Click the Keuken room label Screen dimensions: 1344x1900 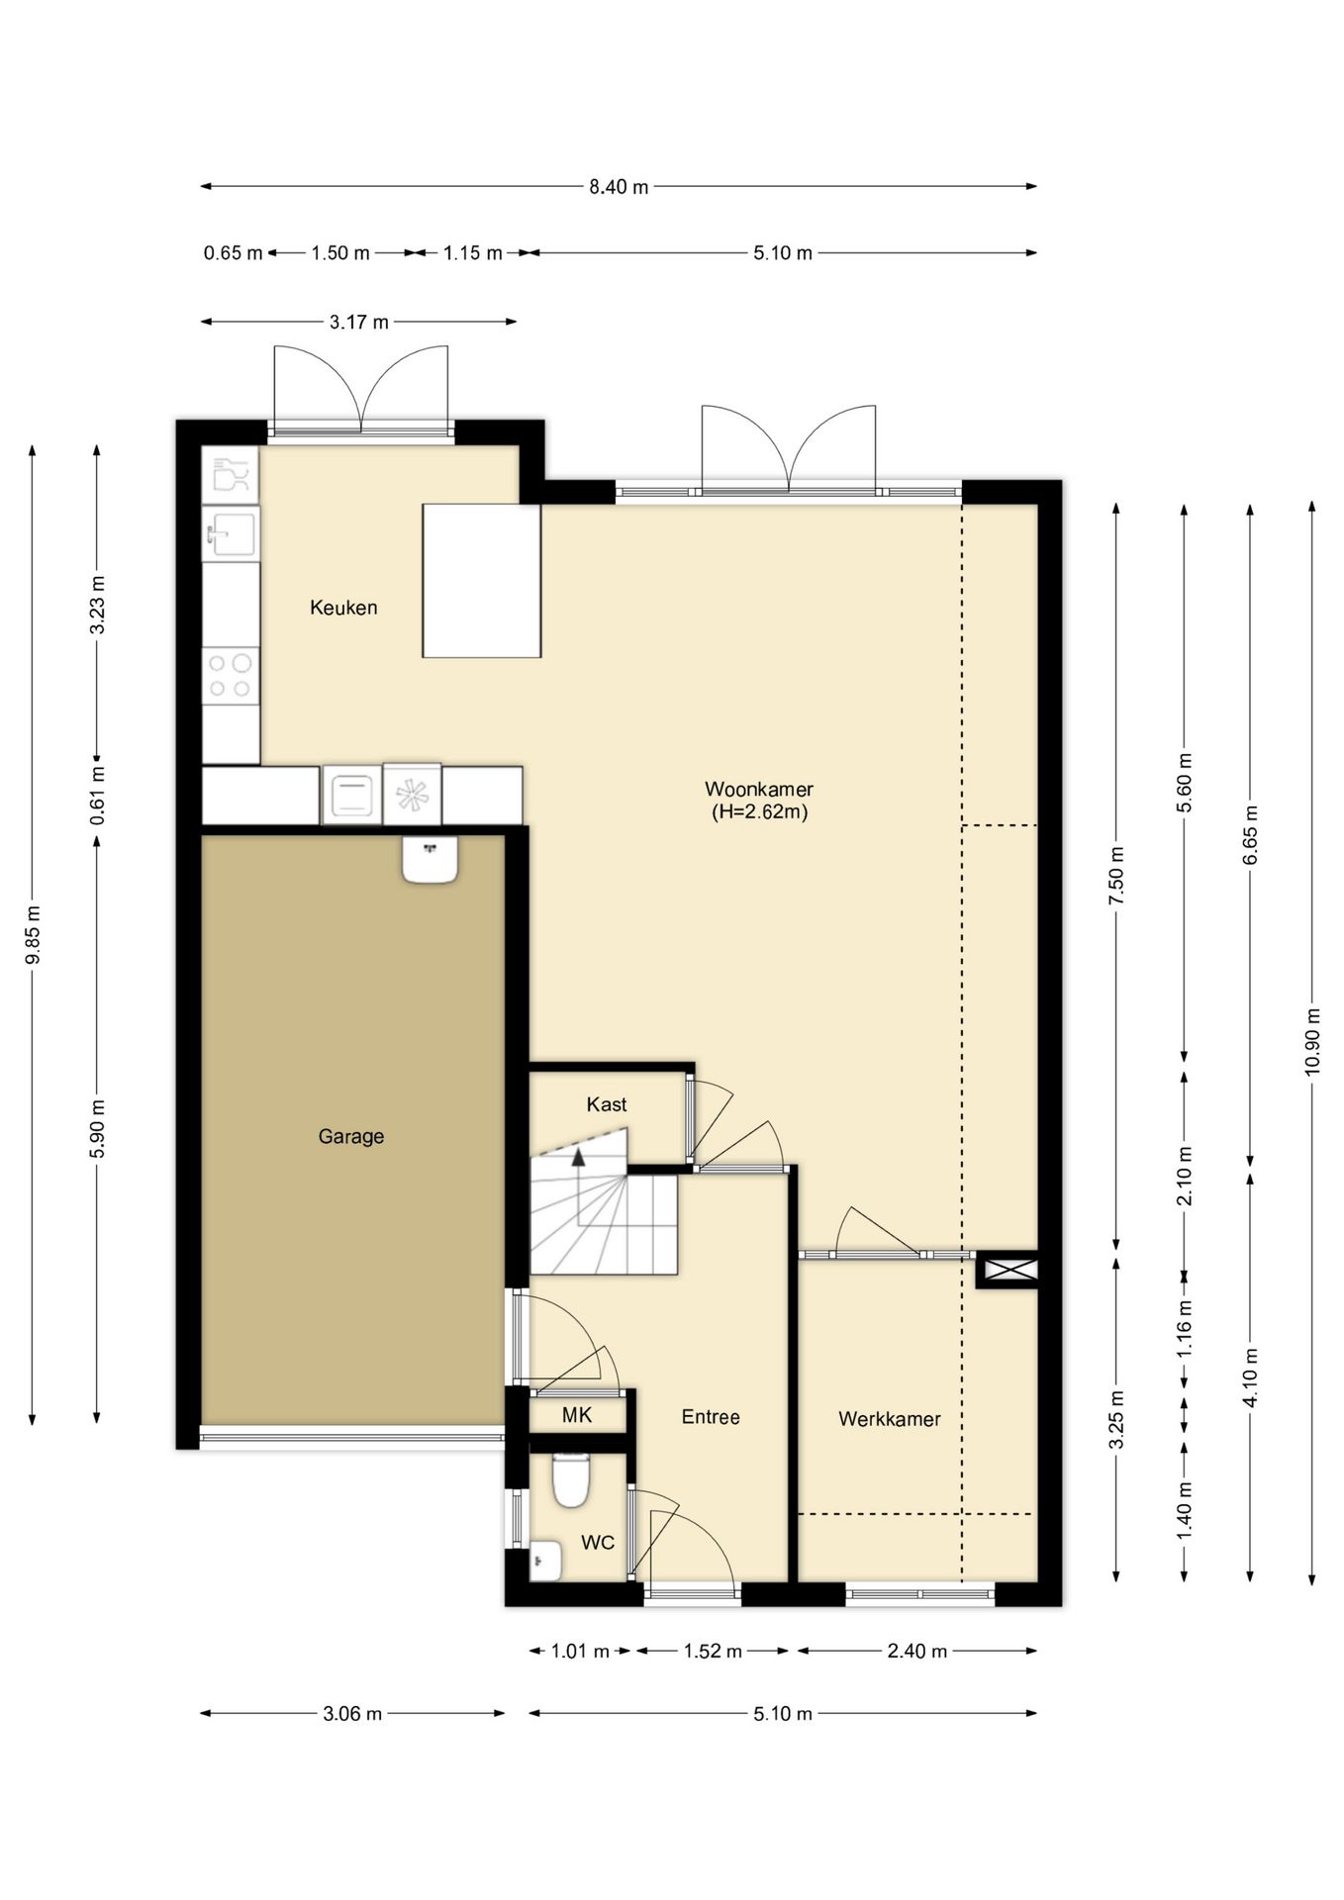click(x=343, y=608)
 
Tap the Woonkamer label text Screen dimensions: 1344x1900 click(x=759, y=790)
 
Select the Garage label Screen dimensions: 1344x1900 click(x=351, y=1137)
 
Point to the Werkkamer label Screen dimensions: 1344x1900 click(x=890, y=1419)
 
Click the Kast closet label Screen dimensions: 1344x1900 click(x=607, y=1104)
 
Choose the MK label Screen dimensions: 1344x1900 click(x=577, y=1415)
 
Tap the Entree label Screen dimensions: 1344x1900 click(x=711, y=1417)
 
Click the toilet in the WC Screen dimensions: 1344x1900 click(x=570, y=1479)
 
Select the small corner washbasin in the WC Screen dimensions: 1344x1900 click(x=545, y=1562)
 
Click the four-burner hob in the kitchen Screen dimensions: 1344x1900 click(x=230, y=676)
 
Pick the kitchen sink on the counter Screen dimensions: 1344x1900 click(x=231, y=534)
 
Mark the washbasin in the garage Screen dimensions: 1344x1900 click(x=431, y=859)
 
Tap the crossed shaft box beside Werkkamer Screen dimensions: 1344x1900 click(x=1008, y=1270)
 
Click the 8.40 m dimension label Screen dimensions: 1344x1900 click(x=619, y=187)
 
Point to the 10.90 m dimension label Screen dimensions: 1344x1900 click(x=1312, y=1041)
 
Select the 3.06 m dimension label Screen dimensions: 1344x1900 click(x=352, y=1714)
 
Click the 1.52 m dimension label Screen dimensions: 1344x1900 click(x=713, y=1652)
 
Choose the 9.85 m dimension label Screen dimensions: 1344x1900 click(x=33, y=935)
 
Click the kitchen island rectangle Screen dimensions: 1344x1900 click(x=482, y=581)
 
